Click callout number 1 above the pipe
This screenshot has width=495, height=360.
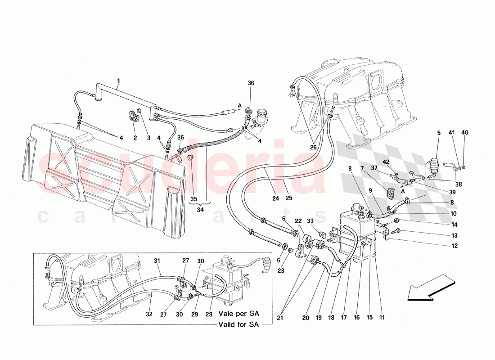click(x=118, y=81)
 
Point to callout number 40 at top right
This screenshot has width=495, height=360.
click(x=465, y=132)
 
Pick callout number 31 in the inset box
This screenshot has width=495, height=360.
click(x=157, y=261)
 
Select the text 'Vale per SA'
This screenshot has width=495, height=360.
click(x=238, y=313)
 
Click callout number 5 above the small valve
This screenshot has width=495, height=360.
click(x=439, y=133)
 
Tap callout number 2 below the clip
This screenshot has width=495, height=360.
click(x=135, y=138)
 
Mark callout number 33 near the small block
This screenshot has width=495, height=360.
click(x=310, y=221)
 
